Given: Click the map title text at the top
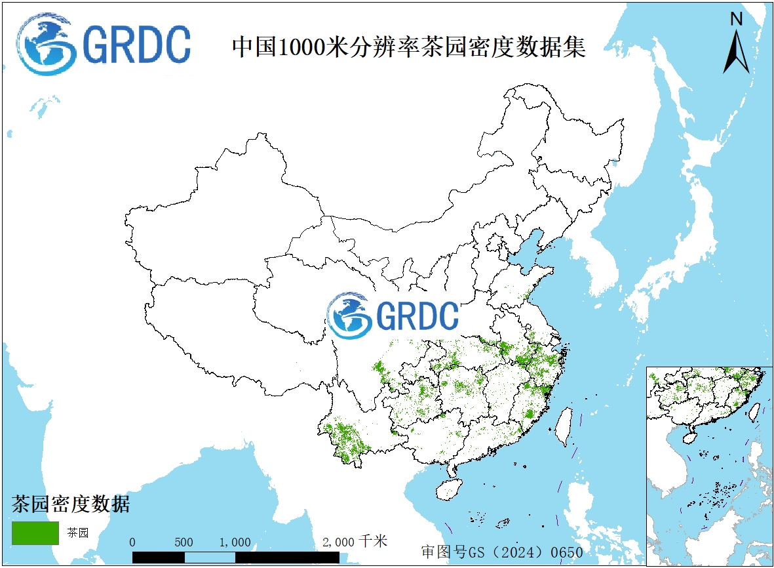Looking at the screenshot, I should click(x=408, y=47).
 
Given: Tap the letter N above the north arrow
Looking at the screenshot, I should click(x=737, y=20).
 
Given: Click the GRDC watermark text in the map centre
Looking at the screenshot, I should click(x=417, y=315).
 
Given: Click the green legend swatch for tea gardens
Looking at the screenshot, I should click(x=35, y=533).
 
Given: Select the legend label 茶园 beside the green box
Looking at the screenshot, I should click(x=78, y=533).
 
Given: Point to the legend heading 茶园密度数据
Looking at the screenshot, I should click(x=71, y=504).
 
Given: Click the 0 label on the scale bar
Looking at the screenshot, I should click(x=132, y=542).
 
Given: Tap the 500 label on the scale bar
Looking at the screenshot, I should click(x=184, y=542).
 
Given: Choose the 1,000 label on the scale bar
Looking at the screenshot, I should click(x=235, y=542).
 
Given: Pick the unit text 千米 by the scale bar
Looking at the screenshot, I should click(x=374, y=541).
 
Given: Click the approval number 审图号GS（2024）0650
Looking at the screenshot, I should click(x=501, y=552).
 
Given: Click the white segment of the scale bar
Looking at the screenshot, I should click(x=210, y=558).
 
